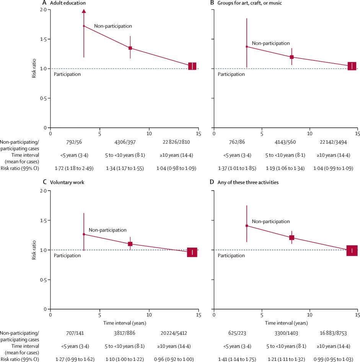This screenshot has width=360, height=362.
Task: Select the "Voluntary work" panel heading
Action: [69, 183]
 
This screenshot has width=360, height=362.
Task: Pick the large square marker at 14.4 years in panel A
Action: [192, 66]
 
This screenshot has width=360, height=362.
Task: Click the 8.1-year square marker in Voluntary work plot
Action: [130, 244]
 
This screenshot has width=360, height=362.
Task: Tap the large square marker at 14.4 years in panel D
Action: [352, 251]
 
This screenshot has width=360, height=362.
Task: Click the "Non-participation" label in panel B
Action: [270, 43]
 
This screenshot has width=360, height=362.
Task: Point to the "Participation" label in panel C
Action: [67, 256]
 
